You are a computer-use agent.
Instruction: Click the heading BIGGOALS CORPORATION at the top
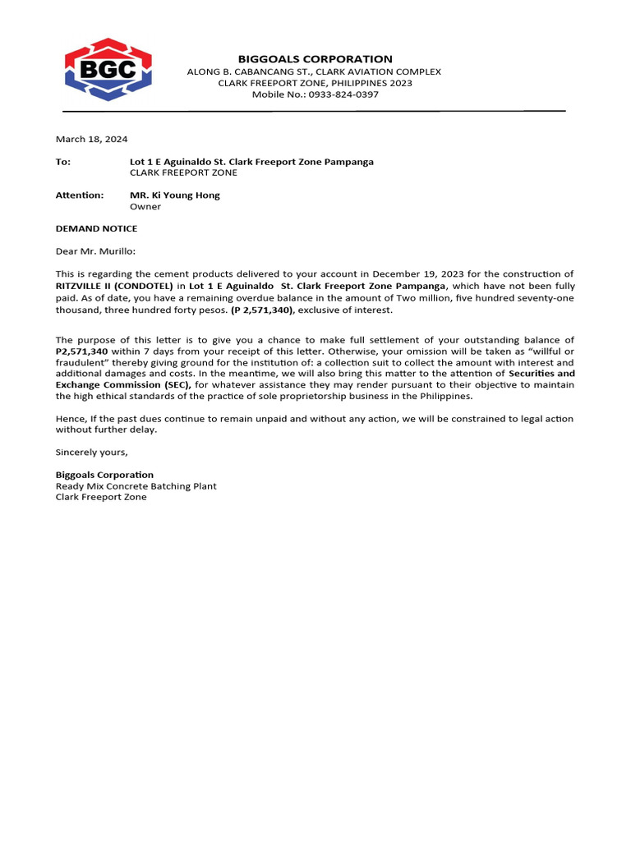[315, 59]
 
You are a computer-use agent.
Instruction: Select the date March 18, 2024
[91, 140]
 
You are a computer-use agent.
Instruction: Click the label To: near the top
[63, 162]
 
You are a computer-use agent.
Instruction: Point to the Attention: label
[80, 195]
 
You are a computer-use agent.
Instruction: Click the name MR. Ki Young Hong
[175, 195]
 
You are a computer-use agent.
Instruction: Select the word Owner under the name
[145, 207]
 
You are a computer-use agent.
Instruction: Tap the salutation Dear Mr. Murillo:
[95, 251]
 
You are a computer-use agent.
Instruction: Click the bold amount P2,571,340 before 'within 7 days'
[81, 352]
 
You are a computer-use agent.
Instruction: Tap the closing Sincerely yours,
[91, 453]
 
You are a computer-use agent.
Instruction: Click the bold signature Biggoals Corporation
[104, 475]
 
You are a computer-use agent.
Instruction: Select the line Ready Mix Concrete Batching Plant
[136, 486]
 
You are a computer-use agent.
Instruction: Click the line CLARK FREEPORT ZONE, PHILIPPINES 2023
[315, 83]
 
